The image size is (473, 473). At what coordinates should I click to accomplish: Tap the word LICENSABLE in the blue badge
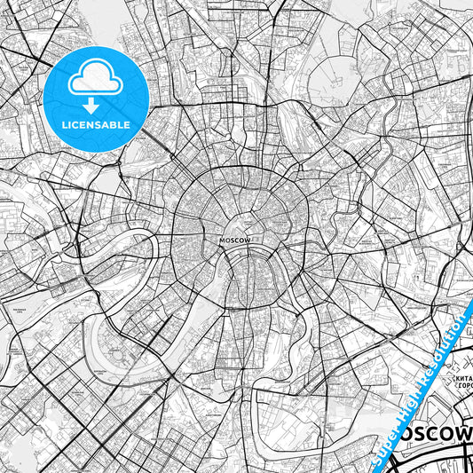[x=97, y=125]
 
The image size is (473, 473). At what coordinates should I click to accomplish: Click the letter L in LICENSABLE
[x=66, y=125]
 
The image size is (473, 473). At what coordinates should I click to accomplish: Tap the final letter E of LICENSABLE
[x=128, y=125]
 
